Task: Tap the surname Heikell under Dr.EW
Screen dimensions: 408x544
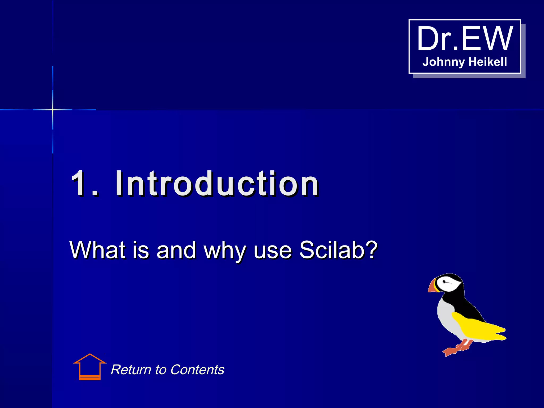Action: point(488,62)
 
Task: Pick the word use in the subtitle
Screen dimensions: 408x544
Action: point(273,250)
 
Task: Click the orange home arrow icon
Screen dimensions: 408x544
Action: point(90,367)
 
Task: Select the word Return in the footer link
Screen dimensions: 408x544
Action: point(131,369)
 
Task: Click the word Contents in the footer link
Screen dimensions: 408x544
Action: point(197,369)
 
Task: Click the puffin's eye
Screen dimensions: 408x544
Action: point(444,282)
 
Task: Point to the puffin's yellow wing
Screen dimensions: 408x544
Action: point(478,327)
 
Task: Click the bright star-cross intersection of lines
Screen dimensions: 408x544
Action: point(53,109)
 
